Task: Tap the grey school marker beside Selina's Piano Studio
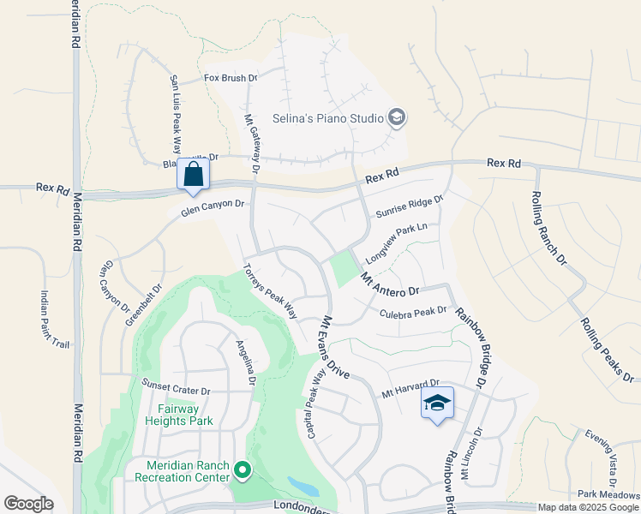pos(396,117)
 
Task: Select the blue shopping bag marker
pos(193,174)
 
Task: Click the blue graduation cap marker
pos(437,403)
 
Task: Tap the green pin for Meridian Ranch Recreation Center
pos(243,470)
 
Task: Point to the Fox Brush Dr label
pos(231,78)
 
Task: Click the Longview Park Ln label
pos(396,242)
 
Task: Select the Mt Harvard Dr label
pos(409,388)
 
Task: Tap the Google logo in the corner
pos(28,504)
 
